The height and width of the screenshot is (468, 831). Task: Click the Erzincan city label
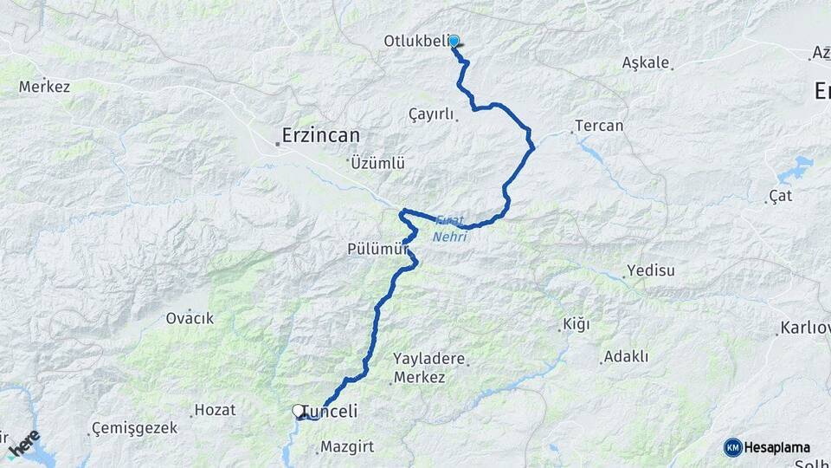click(320, 136)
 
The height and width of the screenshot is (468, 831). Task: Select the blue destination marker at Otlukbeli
click(453, 41)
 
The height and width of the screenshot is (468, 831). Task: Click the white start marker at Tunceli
click(298, 411)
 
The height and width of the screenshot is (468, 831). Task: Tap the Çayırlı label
click(432, 114)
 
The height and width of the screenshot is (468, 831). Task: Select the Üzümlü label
click(378, 163)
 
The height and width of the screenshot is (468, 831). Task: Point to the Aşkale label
click(645, 62)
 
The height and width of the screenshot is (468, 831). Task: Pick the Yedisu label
click(651, 270)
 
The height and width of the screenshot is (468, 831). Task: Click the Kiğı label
click(576, 325)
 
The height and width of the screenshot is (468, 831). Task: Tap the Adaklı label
click(626, 356)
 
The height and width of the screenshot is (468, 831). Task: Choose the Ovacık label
click(190, 318)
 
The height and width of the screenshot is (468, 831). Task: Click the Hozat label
click(215, 410)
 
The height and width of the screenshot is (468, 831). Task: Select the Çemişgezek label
click(137, 428)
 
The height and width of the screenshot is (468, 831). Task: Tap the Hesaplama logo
click(767, 447)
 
